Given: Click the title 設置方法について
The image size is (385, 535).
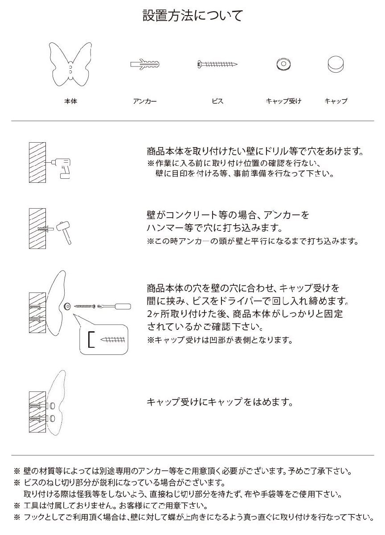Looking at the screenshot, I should [192, 16].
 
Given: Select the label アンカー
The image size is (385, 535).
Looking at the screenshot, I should [144, 101].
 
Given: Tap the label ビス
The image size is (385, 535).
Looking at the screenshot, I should [217, 101].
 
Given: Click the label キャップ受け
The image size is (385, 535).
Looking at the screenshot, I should [283, 101].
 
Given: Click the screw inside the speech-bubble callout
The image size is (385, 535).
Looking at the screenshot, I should [114, 339].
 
